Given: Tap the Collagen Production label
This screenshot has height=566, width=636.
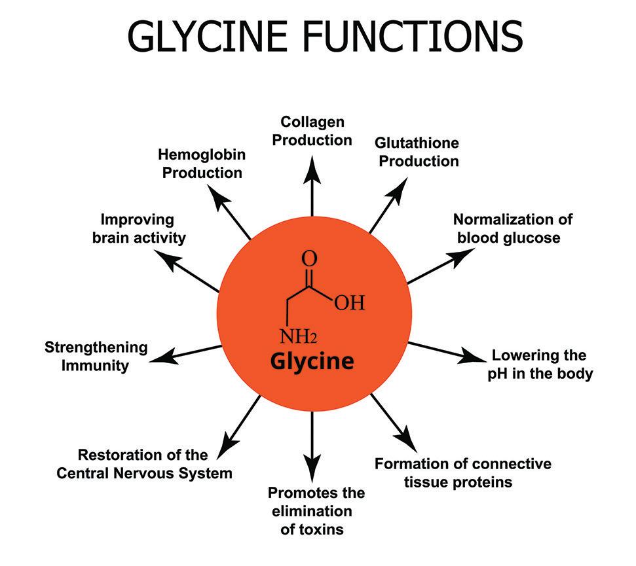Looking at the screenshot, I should tap(312, 131).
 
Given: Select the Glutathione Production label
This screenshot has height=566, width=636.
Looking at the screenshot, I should tap(417, 152).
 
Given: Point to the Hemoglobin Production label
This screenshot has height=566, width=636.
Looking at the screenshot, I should tap(202, 164).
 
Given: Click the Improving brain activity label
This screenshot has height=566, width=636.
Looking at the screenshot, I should tap(138, 228).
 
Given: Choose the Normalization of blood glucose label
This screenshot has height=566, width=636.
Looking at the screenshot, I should tap(513, 228).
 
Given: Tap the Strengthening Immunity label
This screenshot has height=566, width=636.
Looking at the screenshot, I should tap(96, 356).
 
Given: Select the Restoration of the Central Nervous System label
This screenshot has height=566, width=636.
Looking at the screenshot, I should tap(144, 463).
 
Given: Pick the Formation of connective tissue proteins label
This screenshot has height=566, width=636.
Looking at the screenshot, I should tap(462, 472).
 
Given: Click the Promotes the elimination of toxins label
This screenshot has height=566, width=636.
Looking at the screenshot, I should tap(316, 510).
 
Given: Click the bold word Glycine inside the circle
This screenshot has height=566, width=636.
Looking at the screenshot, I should tap(312, 361).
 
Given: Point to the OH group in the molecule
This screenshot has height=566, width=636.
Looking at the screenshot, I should tap(348, 303).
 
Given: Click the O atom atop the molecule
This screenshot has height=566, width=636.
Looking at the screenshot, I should tap(309, 258).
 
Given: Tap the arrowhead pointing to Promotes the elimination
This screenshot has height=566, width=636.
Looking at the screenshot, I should tap(312, 467).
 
